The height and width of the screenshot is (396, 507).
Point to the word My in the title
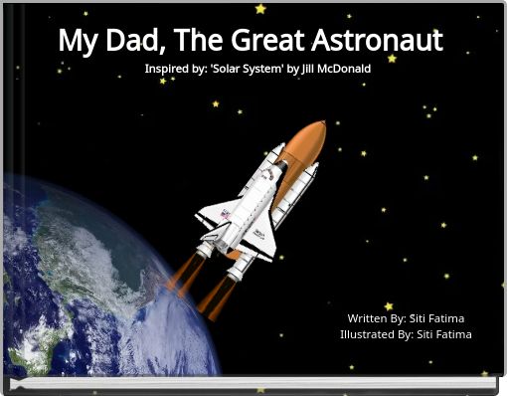tap(77, 42)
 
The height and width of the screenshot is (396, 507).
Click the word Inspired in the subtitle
tap(167, 69)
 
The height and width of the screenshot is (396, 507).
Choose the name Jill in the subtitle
tap(307, 69)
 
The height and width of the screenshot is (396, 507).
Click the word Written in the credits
tap(367, 318)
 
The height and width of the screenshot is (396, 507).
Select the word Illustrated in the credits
tap(367, 334)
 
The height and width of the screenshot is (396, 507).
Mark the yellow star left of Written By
tap(389, 306)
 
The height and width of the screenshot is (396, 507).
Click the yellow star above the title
tap(260, 9)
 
